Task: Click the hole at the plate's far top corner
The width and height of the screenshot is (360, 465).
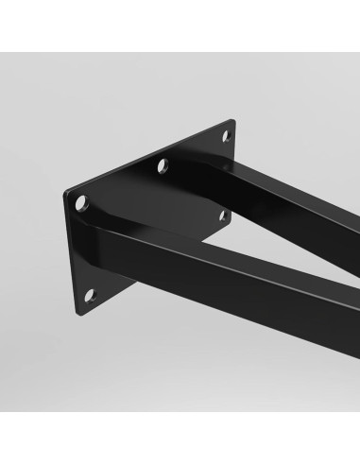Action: pos(225,136)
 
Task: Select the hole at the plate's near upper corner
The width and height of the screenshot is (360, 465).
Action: pos(81,202)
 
